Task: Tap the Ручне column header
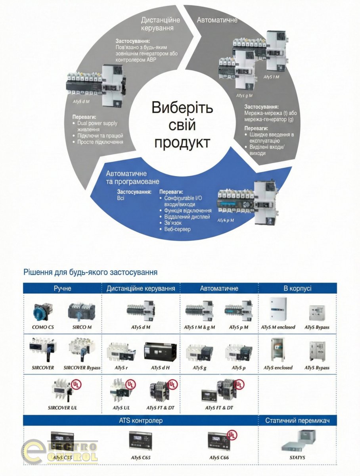point(62,288)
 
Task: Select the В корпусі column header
point(297,288)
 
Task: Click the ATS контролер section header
point(141,420)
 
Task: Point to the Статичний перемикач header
point(297,420)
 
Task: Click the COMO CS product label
point(43,328)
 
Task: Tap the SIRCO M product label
point(82,328)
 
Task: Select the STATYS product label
point(297,457)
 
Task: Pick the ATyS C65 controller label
point(141,457)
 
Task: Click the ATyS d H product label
point(160,368)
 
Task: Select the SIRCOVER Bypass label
point(82,368)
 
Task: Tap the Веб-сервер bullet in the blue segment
point(177,229)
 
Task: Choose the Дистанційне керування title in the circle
point(161,24)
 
